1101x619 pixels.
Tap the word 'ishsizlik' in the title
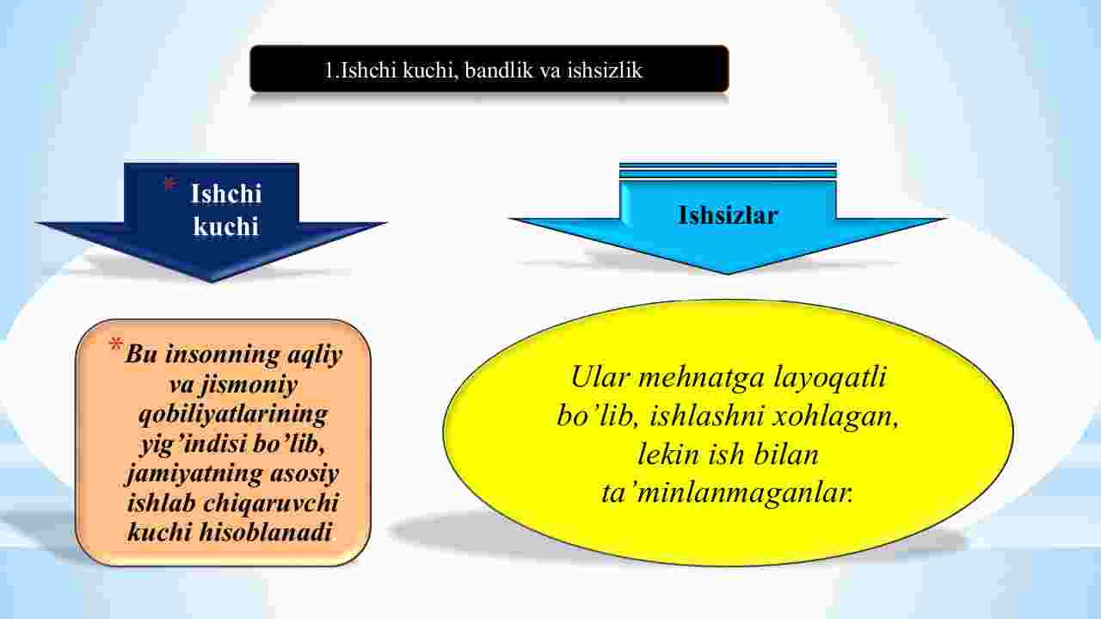605,71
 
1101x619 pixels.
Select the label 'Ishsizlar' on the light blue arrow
728,215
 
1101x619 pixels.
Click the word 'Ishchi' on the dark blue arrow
226,193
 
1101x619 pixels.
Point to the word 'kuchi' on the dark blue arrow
225,226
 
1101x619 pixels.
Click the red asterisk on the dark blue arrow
170,185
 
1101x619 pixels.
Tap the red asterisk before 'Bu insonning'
116,344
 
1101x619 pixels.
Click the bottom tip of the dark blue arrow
212,282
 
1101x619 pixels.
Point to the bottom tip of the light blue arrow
728,274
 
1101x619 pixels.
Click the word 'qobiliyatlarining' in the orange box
233,415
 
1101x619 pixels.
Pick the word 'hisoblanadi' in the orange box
266,532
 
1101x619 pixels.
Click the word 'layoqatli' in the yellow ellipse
830,378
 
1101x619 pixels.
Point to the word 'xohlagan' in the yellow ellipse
835,417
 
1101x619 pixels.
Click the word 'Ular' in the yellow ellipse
600,378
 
